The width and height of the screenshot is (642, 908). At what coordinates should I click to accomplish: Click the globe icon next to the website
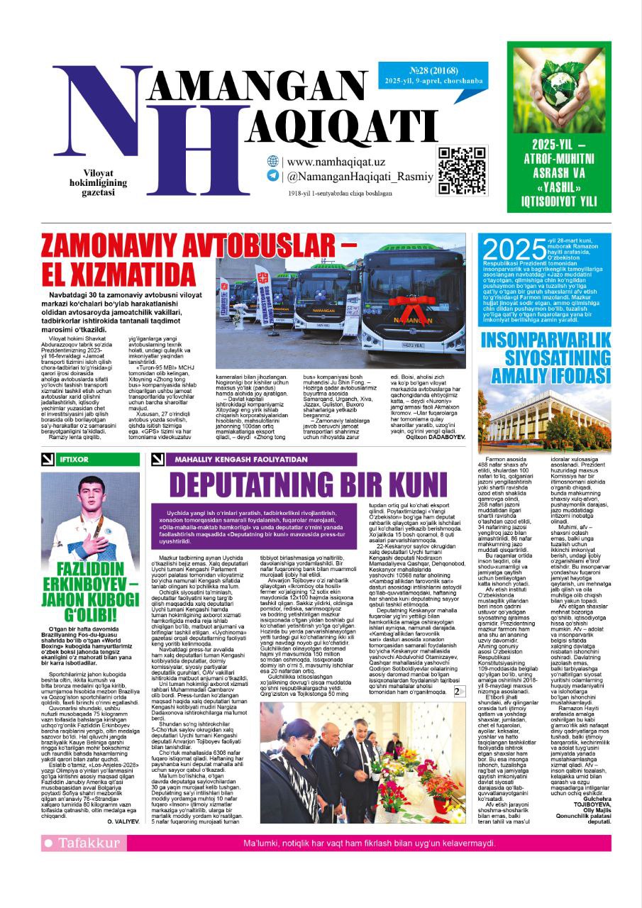272,162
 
